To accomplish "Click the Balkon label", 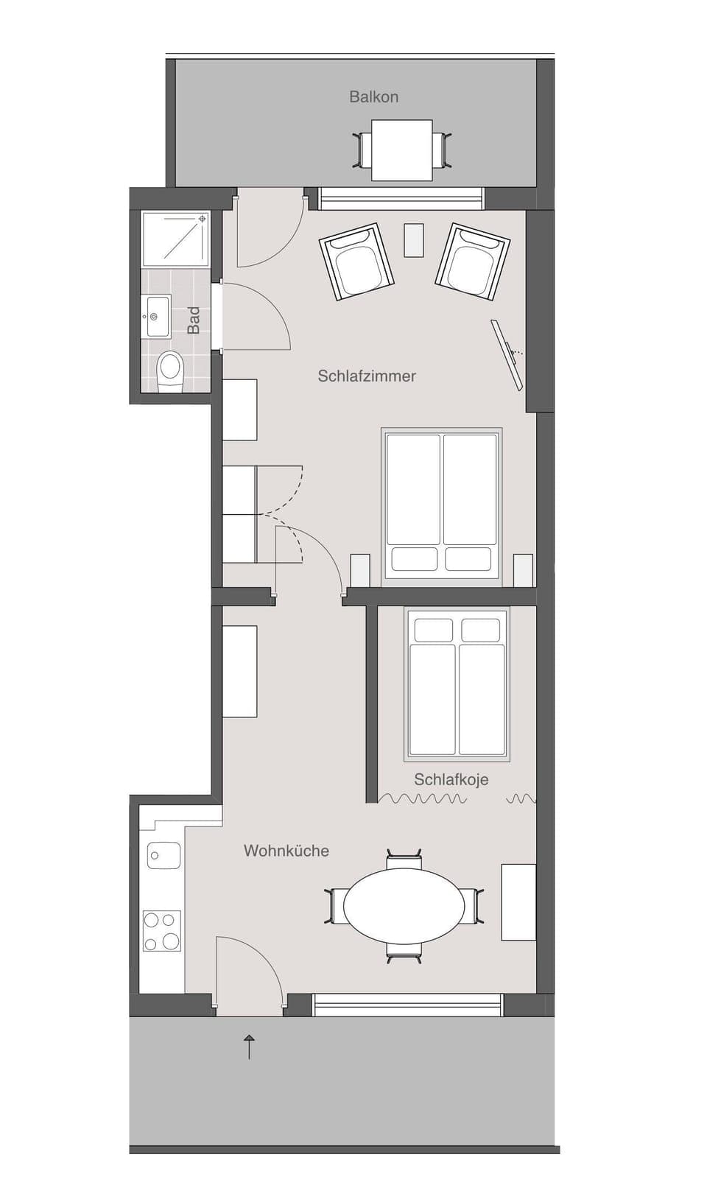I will pos(373,96).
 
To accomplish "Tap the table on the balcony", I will pos(401,150).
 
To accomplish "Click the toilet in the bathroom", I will pos(170,369).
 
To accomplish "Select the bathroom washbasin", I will pos(156,317).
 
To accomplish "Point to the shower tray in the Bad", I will pos(176,237).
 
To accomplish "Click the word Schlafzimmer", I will pos(367,376).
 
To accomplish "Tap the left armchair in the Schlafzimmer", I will pos(355,261).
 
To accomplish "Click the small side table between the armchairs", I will pos(415,239).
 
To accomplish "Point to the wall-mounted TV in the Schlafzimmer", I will pos(509,353).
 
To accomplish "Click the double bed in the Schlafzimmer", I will pos(442,505).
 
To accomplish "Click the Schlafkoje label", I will pos(451,779).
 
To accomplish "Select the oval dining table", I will pos(404,904).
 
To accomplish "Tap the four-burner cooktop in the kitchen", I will pos(161,931).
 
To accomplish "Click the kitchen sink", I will pos(163,855).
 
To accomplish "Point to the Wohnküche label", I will pos(286,851).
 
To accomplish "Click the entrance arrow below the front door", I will pos(249,1046).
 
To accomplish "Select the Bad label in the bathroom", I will pos(194,320).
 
